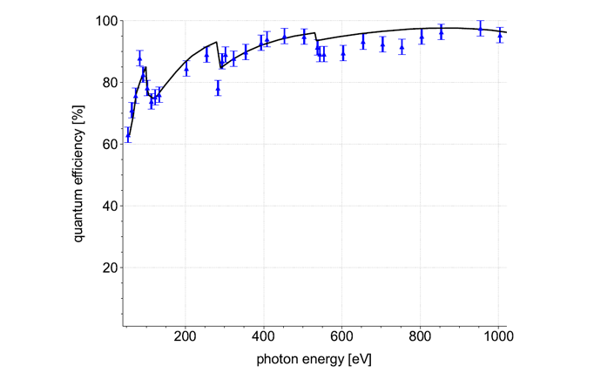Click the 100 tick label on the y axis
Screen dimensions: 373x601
102,21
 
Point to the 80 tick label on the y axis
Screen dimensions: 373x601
105,83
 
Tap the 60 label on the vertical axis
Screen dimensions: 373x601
105,145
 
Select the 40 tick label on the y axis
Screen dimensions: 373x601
105,207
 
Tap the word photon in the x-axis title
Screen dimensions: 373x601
276,358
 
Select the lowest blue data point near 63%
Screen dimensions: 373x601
128,135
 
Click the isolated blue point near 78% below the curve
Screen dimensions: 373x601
218,89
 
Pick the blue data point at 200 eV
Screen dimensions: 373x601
186,69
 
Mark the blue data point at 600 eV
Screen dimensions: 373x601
342,53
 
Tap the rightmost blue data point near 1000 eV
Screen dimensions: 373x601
499,36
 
